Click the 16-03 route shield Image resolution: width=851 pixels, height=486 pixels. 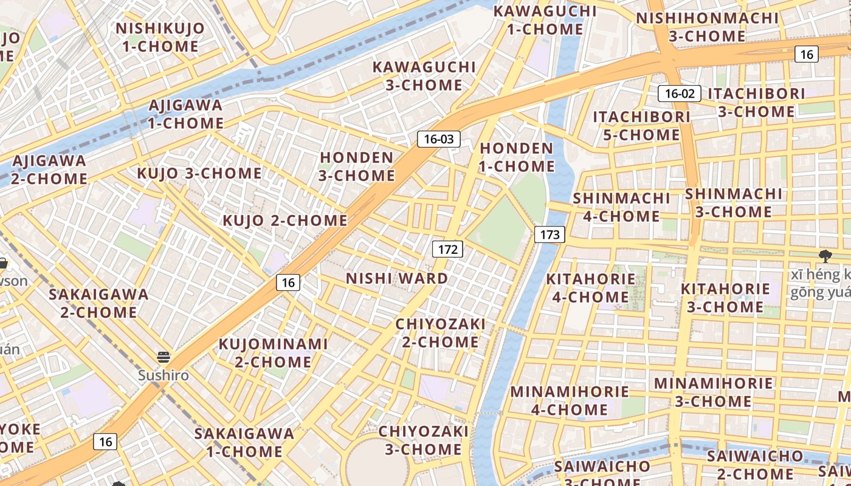point(439,139)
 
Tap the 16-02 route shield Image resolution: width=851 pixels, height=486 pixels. point(680,94)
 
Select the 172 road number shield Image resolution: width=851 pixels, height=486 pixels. point(447,249)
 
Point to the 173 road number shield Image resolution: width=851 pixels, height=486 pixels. point(550,234)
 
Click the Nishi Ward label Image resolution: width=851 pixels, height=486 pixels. point(397,279)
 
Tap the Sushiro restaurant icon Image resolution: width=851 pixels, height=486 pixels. point(163,357)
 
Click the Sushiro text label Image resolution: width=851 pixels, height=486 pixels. point(163,375)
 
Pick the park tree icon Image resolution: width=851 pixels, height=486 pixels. point(825,256)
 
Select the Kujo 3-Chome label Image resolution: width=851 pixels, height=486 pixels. point(199,174)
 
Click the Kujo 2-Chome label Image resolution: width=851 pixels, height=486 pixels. point(285,221)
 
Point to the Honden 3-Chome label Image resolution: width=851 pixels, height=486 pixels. point(357,166)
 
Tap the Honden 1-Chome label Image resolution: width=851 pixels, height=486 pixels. point(517,157)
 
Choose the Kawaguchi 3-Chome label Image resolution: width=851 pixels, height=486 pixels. point(424,76)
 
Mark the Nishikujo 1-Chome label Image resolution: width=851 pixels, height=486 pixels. point(160,37)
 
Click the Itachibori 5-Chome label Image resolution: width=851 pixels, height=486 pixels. point(641,126)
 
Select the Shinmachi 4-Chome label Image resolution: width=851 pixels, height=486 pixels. point(621,207)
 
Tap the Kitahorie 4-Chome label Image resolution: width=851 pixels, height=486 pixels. point(590,288)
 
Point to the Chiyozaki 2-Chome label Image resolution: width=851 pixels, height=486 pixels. point(440,333)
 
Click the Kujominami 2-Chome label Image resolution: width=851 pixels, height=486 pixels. point(273,353)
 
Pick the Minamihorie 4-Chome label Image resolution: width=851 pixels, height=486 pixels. point(570,400)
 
